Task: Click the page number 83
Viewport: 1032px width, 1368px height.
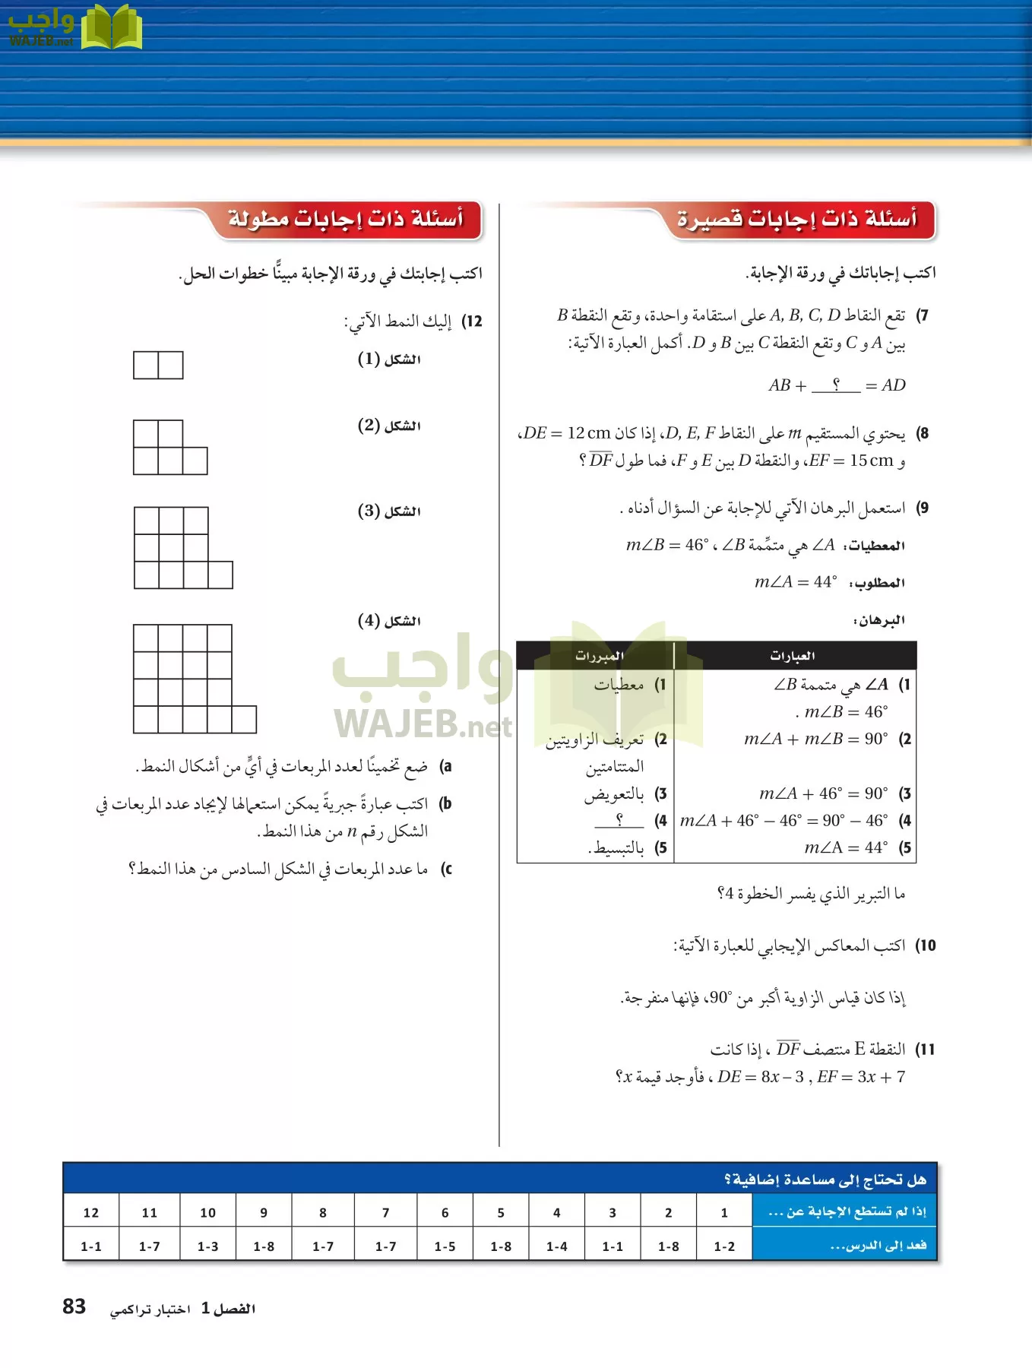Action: click(74, 1306)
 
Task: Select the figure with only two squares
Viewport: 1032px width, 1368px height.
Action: click(158, 365)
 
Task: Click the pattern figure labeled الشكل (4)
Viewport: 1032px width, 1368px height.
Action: click(194, 679)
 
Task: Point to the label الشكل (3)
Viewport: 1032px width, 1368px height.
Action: click(389, 511)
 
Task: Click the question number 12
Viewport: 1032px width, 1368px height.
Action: click(473, 321)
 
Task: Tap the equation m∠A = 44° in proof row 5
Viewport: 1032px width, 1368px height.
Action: click(846, 847)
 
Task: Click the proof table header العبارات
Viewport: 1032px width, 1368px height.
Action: click(793, 655)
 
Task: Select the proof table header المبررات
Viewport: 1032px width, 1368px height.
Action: click(599, 655)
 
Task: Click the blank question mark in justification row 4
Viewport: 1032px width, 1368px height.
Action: click(619, 820)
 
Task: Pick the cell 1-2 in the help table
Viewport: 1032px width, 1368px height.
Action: click(724, 1246)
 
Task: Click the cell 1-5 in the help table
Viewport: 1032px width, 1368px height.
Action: click(445, 1246)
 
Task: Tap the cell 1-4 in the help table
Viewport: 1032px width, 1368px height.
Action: click(556, 1246)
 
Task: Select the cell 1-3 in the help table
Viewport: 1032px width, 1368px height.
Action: click(207, 1246)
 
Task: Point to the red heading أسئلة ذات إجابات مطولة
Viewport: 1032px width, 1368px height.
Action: click(346, 220)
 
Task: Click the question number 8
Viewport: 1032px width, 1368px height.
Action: click(923, 433)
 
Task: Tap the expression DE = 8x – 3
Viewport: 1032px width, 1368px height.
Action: click(760, 1077)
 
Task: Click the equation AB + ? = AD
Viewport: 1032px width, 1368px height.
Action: click(837, 385)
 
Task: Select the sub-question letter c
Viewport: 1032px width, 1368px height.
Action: click(447, 869)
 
